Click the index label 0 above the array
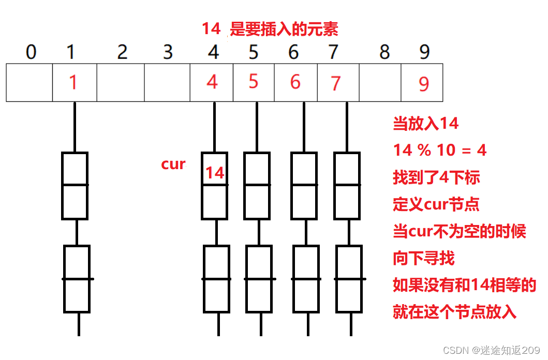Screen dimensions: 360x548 [31, 52]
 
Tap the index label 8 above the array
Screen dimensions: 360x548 [384, 52]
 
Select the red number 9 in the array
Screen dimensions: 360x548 [424, 84]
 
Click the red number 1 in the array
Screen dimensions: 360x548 [73, 81]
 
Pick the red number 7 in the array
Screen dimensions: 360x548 [336, 83]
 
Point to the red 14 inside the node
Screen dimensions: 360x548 [215, 173]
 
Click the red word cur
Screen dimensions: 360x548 [173, 164]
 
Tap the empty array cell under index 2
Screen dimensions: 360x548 [120, 82]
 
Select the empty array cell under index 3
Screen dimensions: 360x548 [167, 82]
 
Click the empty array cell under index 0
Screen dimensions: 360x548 [29, 82]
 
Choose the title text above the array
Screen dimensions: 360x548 [270, 29]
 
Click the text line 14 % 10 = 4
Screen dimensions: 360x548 [440, 151]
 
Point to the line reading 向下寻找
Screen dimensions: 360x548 [424, 258]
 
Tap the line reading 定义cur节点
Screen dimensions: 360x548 [436, 204]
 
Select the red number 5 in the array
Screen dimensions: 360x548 [253, 81]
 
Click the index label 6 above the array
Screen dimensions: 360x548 [293, 52]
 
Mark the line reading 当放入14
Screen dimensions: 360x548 [426, 124]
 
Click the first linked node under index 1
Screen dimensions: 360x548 [75, 185]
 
